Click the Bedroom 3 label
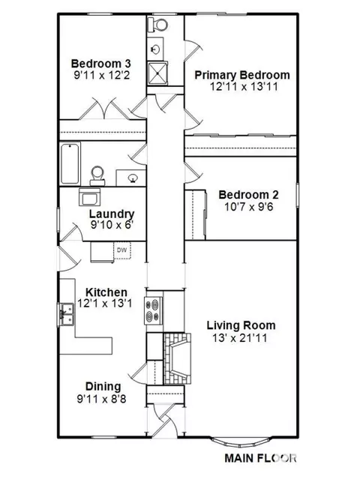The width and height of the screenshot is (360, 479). point(100,64)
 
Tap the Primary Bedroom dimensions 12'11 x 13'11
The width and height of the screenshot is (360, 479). point(244,86)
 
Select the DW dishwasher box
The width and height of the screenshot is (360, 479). point(122,250)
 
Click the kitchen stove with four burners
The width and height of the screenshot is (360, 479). point(154,310)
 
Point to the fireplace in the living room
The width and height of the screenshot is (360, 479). point(177,358)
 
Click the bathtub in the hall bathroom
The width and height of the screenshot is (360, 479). point(70,163)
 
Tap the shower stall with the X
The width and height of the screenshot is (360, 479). point(157,73)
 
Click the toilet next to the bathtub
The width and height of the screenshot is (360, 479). point(97,176)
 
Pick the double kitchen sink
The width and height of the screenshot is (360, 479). point(66,315)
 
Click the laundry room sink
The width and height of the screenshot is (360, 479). point(89,197)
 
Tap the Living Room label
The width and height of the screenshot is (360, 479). point(241,325)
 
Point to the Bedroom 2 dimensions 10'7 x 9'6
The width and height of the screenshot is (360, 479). point(249,207)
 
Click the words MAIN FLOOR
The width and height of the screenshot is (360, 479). point(260,458)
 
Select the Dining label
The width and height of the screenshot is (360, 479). point(103,387)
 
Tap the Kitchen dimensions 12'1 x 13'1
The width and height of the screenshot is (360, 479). point(104,304)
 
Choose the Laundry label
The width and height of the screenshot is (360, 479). point(112,214)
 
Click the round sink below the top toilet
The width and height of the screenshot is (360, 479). point(155,49)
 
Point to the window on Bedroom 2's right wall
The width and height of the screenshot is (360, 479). point(297,195)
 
